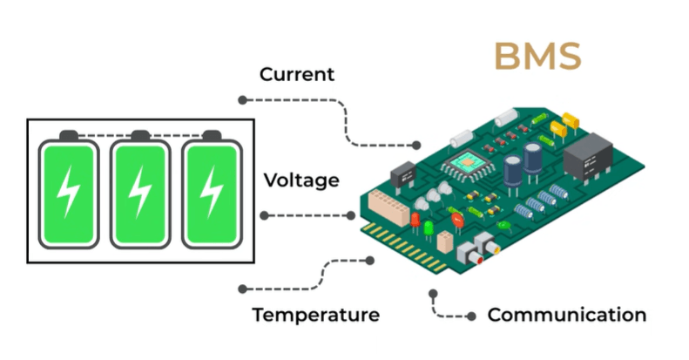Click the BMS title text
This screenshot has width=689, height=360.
(x=537, y=57)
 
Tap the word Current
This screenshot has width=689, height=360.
(x=297, y=74)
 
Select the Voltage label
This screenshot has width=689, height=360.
(x=301, y=180)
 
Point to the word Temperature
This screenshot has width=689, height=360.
(x=315, y=315)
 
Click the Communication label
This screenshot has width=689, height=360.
(x=567, y=315)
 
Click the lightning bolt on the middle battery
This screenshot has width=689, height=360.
(x=140, y=192)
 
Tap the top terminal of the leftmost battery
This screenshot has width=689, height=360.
(x=69, y=135)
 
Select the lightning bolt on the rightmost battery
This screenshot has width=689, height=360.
(x=212, y=192)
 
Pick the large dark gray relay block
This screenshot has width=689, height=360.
(x=588, y=156)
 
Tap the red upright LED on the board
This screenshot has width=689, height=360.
(x=415, y=221)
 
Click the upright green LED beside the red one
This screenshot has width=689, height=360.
(x=429, y=229)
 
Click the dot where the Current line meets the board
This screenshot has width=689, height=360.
(x=416, y=145)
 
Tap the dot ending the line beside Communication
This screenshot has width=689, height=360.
(x=471, y=316)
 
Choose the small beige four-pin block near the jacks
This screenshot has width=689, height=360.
(x=445, y=241)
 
